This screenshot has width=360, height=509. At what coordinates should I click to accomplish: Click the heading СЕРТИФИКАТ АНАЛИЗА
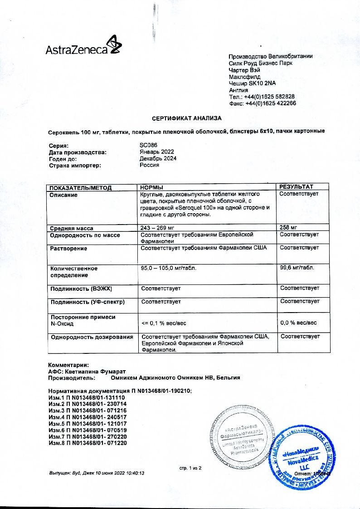(187, 118)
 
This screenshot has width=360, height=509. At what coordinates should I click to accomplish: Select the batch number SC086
(148, 146)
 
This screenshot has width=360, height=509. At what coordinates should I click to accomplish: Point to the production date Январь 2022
(156, 152)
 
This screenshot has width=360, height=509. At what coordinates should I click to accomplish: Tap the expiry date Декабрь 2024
(158, 158)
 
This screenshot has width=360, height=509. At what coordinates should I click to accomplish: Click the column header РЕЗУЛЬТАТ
(296, 187)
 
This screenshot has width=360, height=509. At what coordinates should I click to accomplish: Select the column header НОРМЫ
(151, 187)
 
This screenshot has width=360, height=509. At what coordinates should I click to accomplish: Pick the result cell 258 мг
(288, 228)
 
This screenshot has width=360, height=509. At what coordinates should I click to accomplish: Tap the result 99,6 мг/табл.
(297, 268)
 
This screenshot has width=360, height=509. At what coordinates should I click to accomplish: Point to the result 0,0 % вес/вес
(298, 323)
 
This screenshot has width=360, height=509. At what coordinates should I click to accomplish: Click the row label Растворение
(69, 249)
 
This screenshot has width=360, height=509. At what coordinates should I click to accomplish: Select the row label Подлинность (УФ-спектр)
(88, 302)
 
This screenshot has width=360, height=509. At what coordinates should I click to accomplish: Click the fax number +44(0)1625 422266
(270, 103)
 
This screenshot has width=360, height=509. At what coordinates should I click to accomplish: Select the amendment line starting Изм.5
(87, 423)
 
